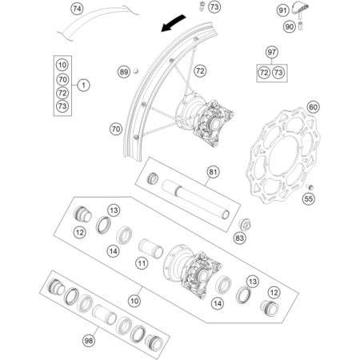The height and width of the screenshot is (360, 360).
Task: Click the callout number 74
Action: [x=77, y=9]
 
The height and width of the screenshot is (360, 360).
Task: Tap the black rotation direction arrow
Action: [x=173, y=23]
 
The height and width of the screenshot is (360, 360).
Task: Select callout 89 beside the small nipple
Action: [x=124, y=72]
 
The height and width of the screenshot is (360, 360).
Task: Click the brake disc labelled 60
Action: [x=285, y=155]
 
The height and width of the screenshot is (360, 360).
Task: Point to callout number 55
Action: [x=309, y=198]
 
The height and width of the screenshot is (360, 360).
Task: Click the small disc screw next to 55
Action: [x=310, y=186]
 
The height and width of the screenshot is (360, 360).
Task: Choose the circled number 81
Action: [x=213, y=172]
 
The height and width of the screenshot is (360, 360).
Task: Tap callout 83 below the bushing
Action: [x=240, y=238]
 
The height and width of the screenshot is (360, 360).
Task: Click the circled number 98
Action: [x=89, y=341]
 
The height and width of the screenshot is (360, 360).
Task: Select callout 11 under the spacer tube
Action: [x=142, y=264]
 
